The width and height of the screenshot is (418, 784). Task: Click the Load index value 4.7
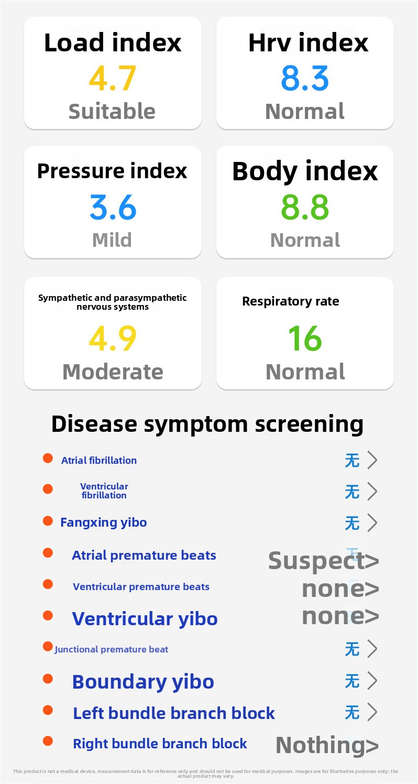(112, 78)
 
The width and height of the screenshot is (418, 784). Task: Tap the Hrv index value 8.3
(305, 78)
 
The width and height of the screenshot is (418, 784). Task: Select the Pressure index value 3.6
(113, 207)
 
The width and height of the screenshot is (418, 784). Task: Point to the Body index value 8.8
(305, 207)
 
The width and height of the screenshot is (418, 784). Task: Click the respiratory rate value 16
(305, 338)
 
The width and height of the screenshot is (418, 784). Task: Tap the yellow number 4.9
(113, 338)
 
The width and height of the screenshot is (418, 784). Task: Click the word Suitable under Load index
(112, 111)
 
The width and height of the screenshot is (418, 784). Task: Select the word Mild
(112, 240)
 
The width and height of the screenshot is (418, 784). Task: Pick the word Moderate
(113, 372)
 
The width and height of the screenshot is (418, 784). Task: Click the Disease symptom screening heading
(207, 424)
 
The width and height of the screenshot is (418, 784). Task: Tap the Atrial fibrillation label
(99, 460)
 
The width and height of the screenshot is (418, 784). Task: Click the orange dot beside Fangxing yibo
(48, 521)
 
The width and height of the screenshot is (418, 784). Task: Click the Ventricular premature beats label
(141, 586)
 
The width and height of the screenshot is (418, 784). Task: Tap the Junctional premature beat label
(111, 650)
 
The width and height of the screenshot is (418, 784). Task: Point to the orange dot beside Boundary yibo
(48, 679)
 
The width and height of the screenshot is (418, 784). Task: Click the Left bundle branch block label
(174, 713)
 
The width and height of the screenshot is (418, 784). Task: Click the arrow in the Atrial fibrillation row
(372, 460)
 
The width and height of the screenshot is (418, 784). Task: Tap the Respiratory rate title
(291, 301)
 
